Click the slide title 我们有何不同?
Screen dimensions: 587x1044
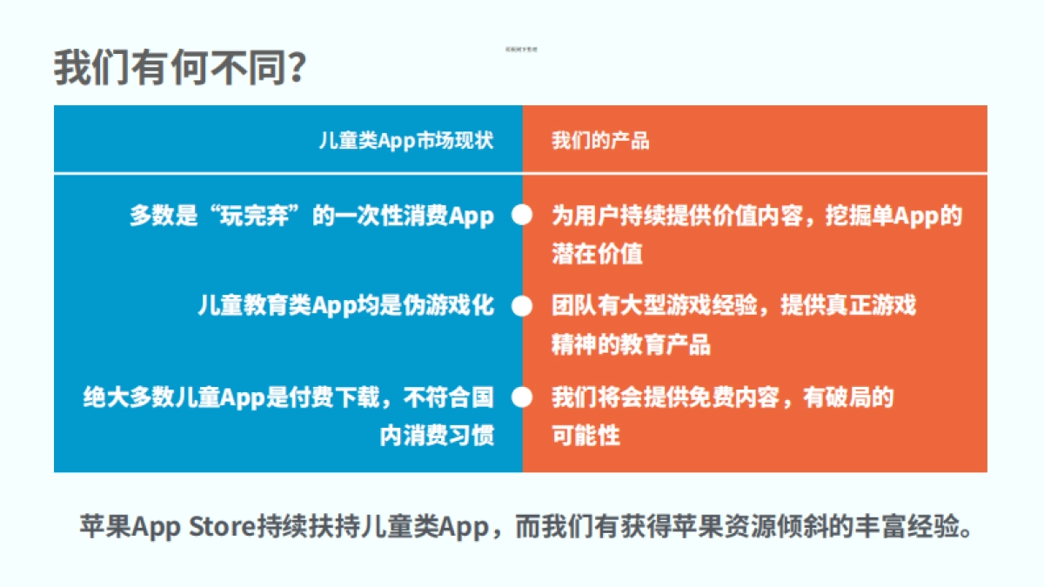[178, 67]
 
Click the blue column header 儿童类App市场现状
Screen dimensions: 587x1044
[405, 141]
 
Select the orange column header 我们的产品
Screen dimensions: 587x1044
[600, 141]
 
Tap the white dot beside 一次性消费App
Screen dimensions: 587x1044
[522, 216]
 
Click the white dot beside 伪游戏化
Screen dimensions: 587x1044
[522, 306]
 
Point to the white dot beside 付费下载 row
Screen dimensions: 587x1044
[522, 397]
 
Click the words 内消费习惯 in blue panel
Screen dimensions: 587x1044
[437, 435]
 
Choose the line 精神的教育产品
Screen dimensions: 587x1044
[631, 344]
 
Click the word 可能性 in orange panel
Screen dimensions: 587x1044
[586, 435]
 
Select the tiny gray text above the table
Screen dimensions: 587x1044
[521, 50]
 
